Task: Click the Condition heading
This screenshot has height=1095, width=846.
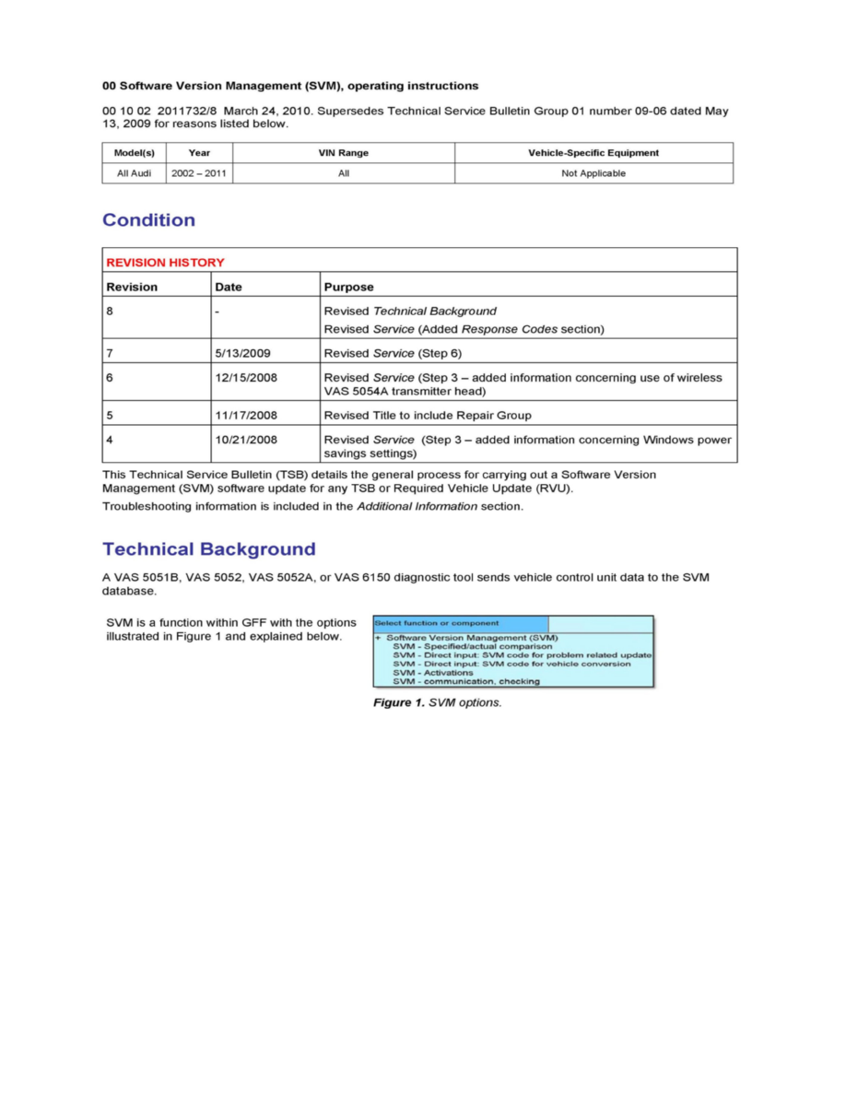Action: pyautogui.click(x=148, y=220)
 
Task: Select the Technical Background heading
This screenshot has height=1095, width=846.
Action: pyautogui.click(x=208, y=549)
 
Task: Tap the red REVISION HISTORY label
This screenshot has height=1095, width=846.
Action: pyautogui.click(x=165, y=263)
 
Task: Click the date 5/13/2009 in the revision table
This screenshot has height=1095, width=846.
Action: pyautogui.click(x=242, y=352)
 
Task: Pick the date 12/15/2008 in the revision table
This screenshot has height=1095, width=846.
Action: pyautogui.click(x=246, y=377)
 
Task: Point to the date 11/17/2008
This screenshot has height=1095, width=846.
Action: pyautogui.click(x=246, y=415)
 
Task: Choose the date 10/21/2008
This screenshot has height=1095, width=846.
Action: pyautogui.click(x=246, y=440)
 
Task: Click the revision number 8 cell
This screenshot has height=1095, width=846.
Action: pyautogui.click(x=110, y=312)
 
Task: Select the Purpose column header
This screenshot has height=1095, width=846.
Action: pyautogui.click(x=348, y=287)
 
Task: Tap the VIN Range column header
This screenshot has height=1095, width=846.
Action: pyautogui.click(x=343, y=153)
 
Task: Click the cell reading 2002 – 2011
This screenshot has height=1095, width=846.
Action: pyautogui.click(x=199, y=173)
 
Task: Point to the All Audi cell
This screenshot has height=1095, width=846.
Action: pyautogui.click(x=135, y=173)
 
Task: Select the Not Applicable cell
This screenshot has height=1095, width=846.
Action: pyautogui.click(x=593, y=173)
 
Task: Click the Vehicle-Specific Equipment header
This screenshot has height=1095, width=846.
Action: pyautogui.click(x=593, y=153)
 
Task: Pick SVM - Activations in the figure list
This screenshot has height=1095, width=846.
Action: pyautogui.click(x=432, y=673)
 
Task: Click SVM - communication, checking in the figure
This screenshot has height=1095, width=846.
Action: pyautogui.click(x=466, y=681)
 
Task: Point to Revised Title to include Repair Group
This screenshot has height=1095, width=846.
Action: pyautogui.click(x=428, y=415)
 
